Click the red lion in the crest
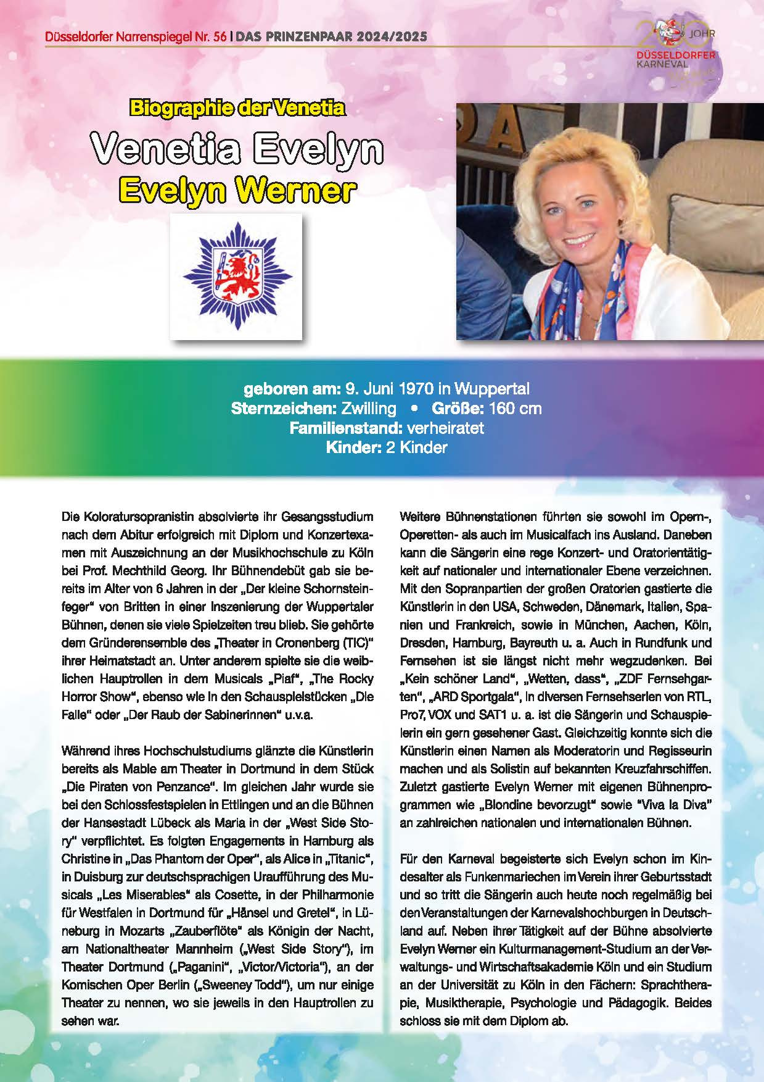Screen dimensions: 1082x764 [235, 276]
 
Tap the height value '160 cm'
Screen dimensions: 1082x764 [515, 409]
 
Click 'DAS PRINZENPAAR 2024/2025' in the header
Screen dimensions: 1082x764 [331, 38]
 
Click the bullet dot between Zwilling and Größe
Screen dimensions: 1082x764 [414, 409]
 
